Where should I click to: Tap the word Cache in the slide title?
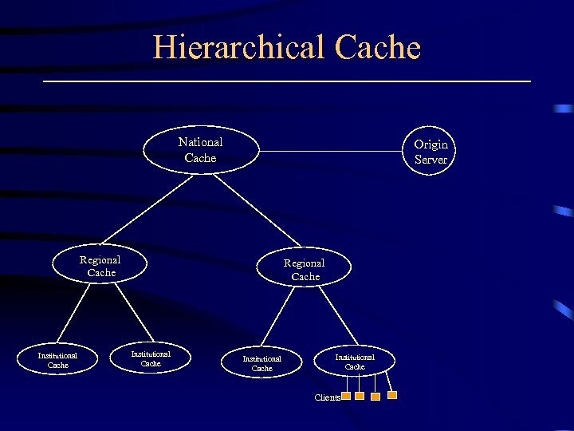[378, 47]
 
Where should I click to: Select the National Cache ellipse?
[201, 149]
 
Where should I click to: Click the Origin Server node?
[431, 151]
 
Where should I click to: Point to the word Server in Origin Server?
[431, 159]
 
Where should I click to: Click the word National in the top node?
[201, 142]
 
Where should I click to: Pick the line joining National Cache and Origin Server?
[335, 149]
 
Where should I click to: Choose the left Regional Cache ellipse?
[100, 266]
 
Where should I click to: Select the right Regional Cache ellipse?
[305, 269]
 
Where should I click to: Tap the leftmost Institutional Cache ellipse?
[58, 360]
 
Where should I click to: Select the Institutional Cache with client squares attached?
[355, 362]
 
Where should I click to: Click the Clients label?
[327, 397]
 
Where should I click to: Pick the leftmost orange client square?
[346, 396]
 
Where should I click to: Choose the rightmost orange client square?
[392, 394]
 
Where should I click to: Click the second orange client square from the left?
[360, 396]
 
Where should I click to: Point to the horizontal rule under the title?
[287, 81]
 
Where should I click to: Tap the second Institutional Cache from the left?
[151, 358]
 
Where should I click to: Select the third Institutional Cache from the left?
[262, 363]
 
